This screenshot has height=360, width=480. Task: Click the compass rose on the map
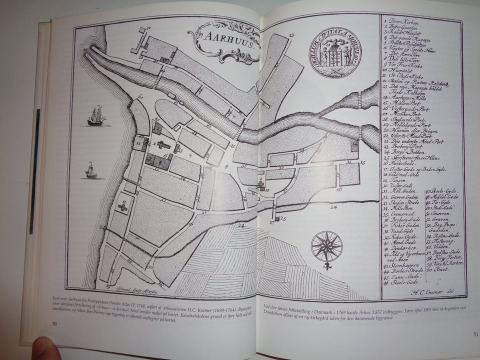(x=326, y=247)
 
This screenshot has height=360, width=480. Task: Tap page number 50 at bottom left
(x=54, y=323)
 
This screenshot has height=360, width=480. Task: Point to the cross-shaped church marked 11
(x=123, y=206)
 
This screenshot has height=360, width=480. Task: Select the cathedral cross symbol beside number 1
(x=163, y=144)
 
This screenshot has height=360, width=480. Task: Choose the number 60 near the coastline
(x=140, y=96)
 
